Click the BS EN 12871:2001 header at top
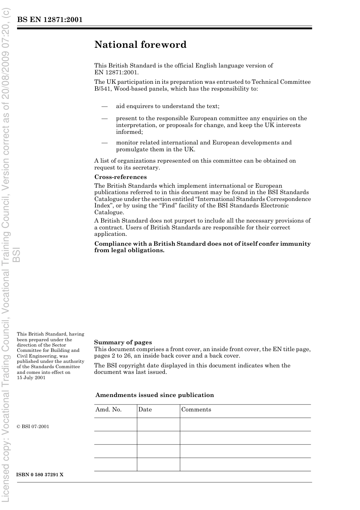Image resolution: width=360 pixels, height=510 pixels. pos(50,20)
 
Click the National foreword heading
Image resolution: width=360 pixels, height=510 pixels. pos(140,45)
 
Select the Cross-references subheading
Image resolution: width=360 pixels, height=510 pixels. pos(121,177)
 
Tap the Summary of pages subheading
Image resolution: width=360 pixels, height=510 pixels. pos(123,342)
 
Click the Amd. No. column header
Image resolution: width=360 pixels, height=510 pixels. pos(108,410)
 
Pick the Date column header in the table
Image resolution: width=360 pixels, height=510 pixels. pos(145,410)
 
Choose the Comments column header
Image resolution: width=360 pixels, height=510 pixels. pos(196,410)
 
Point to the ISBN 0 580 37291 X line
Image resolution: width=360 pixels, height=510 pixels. pos(40,475)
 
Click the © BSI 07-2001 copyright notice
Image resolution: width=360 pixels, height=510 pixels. pos(33,427)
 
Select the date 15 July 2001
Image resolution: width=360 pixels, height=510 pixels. pos(31,378)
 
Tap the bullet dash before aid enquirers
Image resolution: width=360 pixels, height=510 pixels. pos(105,107)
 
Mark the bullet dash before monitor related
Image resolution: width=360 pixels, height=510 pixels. pos(105,143)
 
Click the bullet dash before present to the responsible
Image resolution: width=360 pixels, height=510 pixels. pos(105,119)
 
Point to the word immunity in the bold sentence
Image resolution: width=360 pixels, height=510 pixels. pos(295,244)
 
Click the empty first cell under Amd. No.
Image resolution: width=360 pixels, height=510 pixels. pos(116,424)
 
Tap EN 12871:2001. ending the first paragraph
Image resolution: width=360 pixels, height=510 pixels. pos(116,72)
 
